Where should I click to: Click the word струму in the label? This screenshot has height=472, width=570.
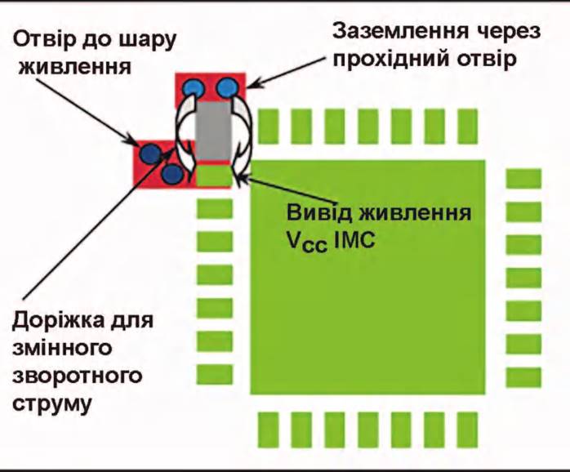click(51, 405)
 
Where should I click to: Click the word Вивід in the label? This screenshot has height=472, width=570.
click(319, 213)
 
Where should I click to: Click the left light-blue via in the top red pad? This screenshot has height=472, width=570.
click(193, 88)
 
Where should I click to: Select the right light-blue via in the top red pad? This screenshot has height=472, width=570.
click(228, 88)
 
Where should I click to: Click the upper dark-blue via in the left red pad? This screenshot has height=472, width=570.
click(150, 153)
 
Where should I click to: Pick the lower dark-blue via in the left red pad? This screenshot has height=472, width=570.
click(172, 174)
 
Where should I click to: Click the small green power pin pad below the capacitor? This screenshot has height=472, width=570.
click(214, 176)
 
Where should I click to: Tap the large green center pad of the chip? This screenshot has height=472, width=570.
click(367, 277)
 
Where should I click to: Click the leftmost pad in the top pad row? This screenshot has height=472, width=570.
click(269, 126)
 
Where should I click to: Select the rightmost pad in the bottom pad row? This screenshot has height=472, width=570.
click(467, 430)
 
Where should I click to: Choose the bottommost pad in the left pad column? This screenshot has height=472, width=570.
click(215, 375)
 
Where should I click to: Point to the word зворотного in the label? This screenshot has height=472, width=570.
click(77, 376)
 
